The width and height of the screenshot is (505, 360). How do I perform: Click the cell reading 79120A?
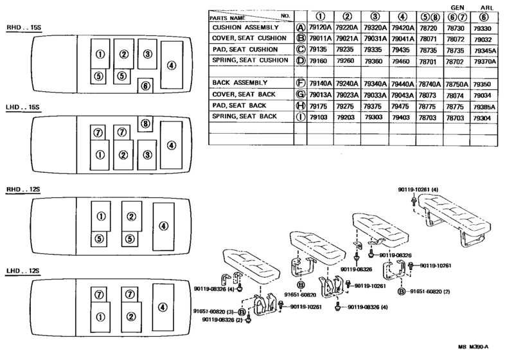[320, 28]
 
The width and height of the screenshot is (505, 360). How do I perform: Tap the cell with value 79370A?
[484, 61]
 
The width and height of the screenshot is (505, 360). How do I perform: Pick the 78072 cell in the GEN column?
[456, 39]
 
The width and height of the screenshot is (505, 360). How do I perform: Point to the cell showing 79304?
[482, 118]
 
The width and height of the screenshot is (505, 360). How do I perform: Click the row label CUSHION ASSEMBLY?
[245, 28]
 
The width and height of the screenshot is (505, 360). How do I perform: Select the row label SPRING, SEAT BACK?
[244, 116]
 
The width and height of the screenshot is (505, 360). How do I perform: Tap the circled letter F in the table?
[301, 83]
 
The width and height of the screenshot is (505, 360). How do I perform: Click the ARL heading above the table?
[486, 8]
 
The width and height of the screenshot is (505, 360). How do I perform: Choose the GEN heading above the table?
[457, 8]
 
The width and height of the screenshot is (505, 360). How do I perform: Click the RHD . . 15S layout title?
[24, 28]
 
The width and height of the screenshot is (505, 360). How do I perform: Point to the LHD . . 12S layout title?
[23, 271]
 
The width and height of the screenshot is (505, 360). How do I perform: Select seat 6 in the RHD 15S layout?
[145, 86]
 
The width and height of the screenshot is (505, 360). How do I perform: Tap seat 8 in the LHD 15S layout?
[145, 124]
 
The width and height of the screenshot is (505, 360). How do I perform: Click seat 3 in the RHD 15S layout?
[148, 54]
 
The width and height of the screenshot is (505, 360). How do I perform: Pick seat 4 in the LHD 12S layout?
[163, 307]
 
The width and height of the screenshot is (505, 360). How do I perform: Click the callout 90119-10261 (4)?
[418, 190]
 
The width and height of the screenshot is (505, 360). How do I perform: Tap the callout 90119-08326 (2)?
[222, 319]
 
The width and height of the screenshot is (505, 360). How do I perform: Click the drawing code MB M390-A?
[473, 346]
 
